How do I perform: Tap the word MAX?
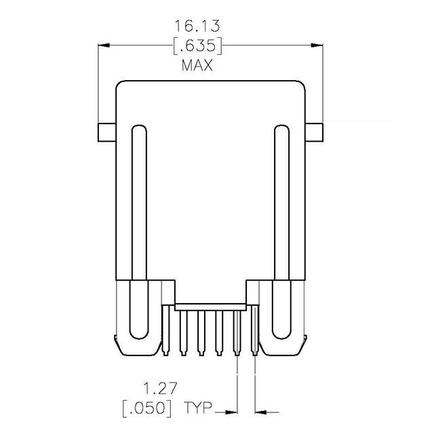pos(197,66)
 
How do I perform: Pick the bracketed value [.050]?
pos(147,410)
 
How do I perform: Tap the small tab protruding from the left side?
pos(106,132)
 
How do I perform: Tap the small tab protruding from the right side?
pos(315,132)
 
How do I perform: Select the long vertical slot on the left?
pos(138,231)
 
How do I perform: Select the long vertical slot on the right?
pos(283,231)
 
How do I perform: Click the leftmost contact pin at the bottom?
pos(165,332)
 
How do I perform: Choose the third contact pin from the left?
pos(201,332)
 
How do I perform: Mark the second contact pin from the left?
pos(182,332)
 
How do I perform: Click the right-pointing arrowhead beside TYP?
pos(232,410)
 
